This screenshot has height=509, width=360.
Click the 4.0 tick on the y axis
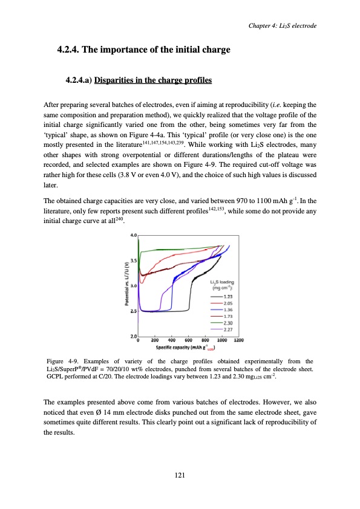click(134, 234)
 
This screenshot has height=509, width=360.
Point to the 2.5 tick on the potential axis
click(134, 311)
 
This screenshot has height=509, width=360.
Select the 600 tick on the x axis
click(188, 340)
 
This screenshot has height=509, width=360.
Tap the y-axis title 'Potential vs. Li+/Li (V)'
click(126, 284)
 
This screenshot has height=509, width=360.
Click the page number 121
click(180, 476)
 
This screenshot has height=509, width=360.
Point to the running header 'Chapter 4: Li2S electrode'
click(283, 24)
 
